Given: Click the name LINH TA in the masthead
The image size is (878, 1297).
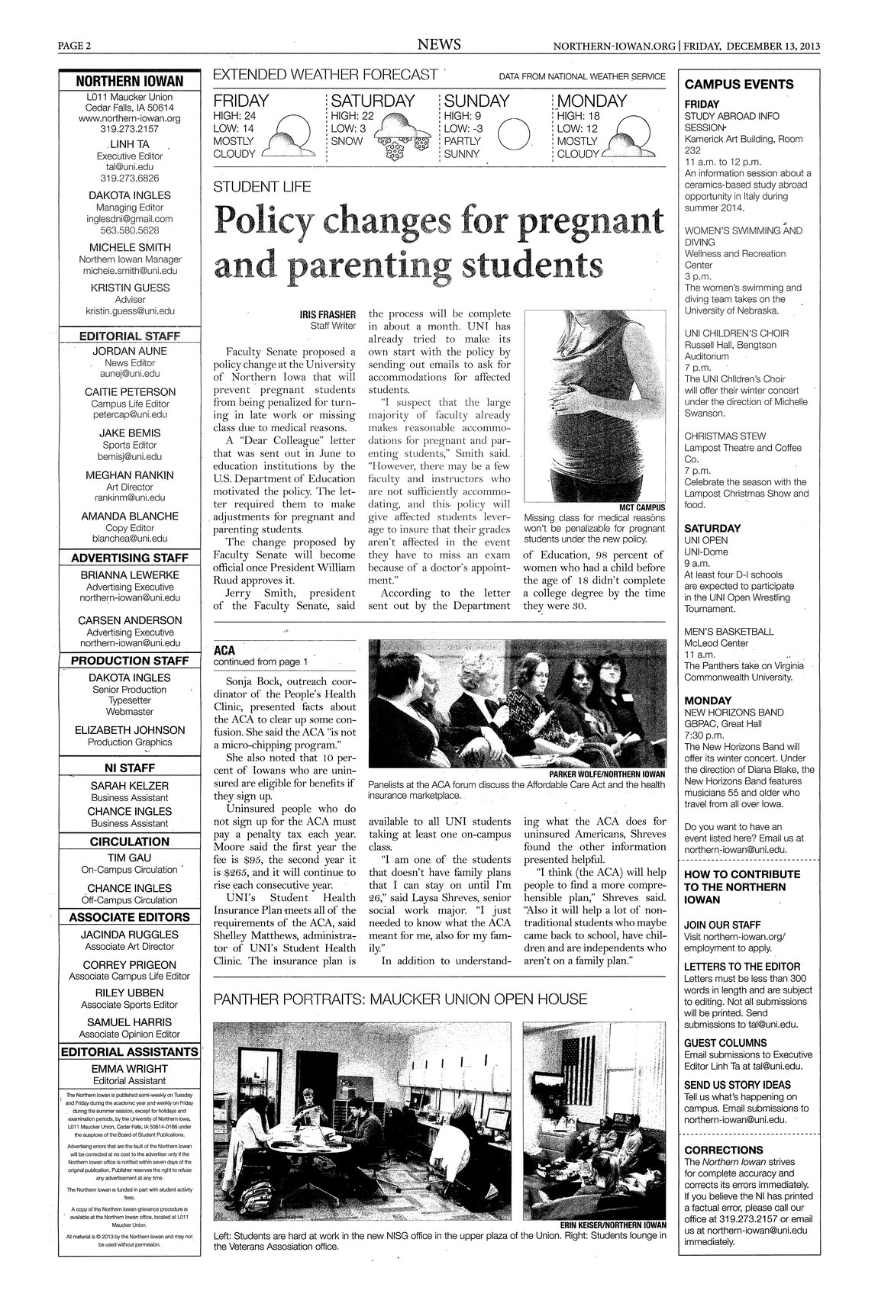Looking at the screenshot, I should [129, 144].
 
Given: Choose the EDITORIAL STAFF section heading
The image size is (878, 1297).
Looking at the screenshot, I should [129, 336].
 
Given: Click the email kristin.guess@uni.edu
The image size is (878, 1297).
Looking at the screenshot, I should [129, 311].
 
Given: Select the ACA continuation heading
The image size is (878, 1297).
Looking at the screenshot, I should [224, 651].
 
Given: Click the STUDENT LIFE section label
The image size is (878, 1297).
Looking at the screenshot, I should [251, 186].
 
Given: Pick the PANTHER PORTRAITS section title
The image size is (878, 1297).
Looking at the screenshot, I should [400, 999].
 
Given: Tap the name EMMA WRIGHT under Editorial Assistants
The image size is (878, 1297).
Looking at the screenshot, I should [129, 1069].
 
